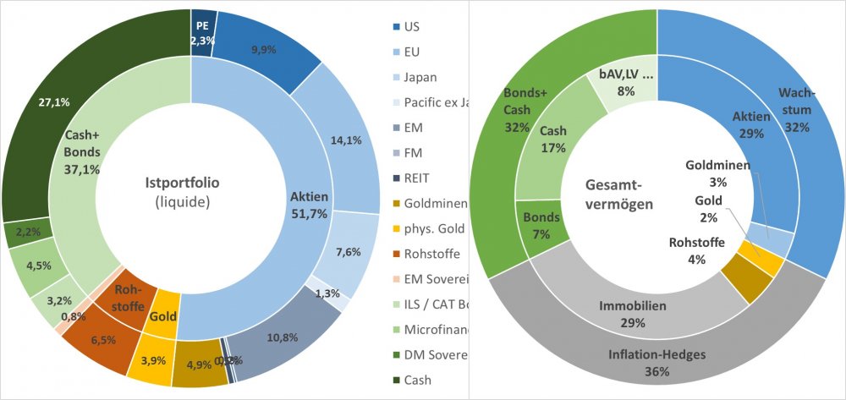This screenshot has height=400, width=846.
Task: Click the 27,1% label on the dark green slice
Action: tap(54, 102)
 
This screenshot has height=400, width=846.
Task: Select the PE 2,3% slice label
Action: tap(201, 33)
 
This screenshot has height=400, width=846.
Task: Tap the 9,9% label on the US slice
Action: tap(263, 50)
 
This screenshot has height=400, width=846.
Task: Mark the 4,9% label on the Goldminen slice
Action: tap(198, 365)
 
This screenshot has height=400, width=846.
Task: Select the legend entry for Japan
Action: tap(420, 77)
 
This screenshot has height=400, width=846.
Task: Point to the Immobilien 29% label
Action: tap(634, 314)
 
